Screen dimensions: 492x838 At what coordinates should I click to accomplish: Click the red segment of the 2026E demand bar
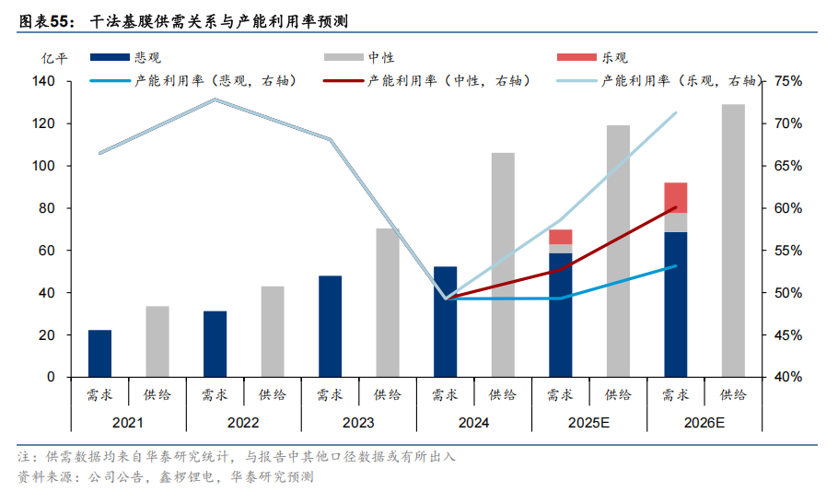pyautogui.click(x=675, y=197)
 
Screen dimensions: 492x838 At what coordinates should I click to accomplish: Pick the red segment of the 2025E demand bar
pyautogui.click(x=560, y=237)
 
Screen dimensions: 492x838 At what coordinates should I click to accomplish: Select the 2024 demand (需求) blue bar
pyautogui.click(x=445, y=322)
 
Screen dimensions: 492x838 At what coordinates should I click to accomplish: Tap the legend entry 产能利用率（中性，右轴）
pyautogui.click(x=431, y=81)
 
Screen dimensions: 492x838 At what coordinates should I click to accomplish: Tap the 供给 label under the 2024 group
pyautogui.click(x=502, y=395)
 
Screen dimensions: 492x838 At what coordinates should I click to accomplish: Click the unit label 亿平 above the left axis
pyautogui.click(x=54, y=57)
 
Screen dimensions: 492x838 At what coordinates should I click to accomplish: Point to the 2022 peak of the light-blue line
pyautogui.click(x=215, y=100)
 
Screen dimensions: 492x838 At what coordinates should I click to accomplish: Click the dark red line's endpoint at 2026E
pyautogui.click(x=676, y=207)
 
